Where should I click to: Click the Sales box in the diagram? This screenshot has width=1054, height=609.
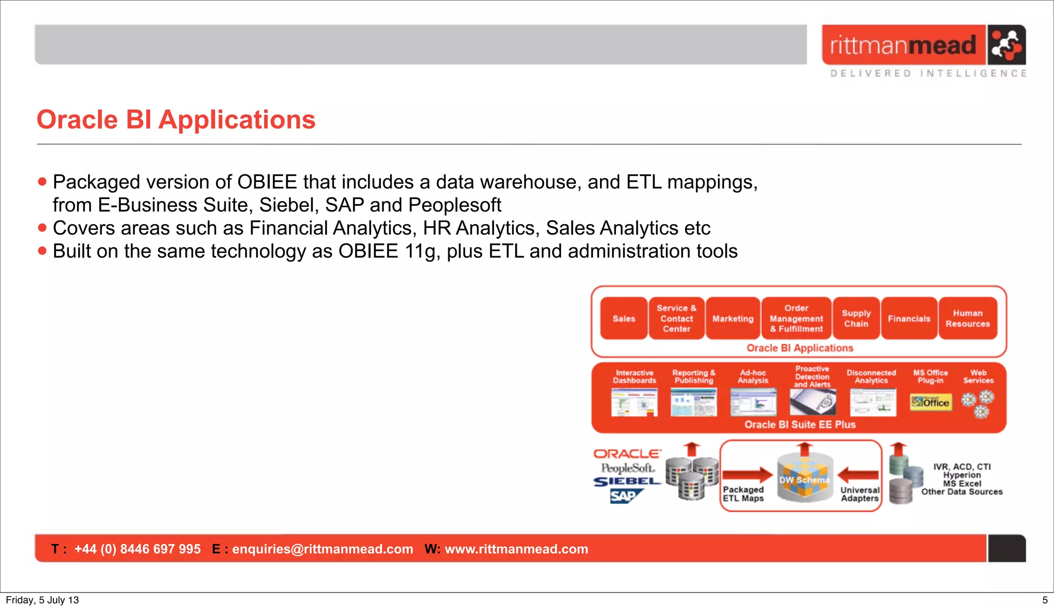tap(624, 318)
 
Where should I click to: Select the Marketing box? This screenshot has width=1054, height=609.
tap(733, 318)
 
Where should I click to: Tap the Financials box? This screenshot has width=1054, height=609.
tap(909, 318)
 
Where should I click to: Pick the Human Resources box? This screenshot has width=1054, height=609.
tap(968, 318)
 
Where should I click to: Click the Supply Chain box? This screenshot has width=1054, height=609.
tap(856, 318)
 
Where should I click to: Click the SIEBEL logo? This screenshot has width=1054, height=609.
tap(627, 481)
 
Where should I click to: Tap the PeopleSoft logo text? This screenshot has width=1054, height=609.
tap(627, 468)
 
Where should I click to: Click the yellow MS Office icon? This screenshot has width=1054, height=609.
tap(930, 402)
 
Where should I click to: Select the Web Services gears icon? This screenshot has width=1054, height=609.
tap(978, 404)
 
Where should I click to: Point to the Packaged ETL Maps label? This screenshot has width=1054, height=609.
tap(743, 494)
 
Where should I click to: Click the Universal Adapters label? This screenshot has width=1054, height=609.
tap(860, 494)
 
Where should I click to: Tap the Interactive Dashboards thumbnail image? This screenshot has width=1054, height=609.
tap(634, 402)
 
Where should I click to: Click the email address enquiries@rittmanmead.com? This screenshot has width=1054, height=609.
tap(322, 549)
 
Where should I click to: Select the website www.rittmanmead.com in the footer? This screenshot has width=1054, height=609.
tap(516, 549)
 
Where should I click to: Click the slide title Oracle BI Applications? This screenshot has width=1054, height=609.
tap(176, 120)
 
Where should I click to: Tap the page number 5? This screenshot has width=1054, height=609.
tap(1045, 600)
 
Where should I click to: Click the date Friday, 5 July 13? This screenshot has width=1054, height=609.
tap(42, 600)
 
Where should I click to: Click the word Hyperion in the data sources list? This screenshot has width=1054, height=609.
tap(961, 475)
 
